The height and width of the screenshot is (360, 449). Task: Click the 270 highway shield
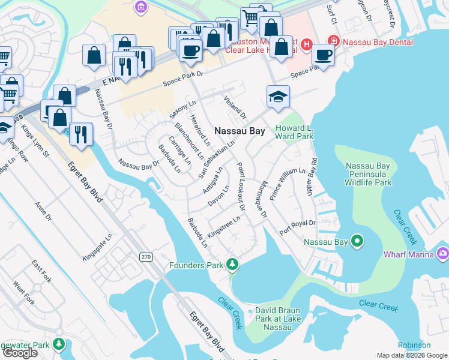click(x=146, y=257)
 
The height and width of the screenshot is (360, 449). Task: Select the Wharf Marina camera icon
click(x=443, y=254)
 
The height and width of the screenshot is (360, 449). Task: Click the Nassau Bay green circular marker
click(x=357, y=242)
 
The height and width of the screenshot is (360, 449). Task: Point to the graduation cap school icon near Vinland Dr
click(x=277, y=97)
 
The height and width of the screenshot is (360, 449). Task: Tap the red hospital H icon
click(x=307, y=44)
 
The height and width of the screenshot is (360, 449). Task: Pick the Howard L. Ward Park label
click(x=294, y=132)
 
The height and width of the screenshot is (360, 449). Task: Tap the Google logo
click(x=19, y=352)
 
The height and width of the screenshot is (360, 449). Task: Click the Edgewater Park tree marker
click(x=58, y=344)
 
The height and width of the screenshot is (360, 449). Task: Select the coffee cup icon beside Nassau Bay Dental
click(x=324, y=55)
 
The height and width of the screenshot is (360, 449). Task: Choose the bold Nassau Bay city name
click(x=240, y=130)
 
